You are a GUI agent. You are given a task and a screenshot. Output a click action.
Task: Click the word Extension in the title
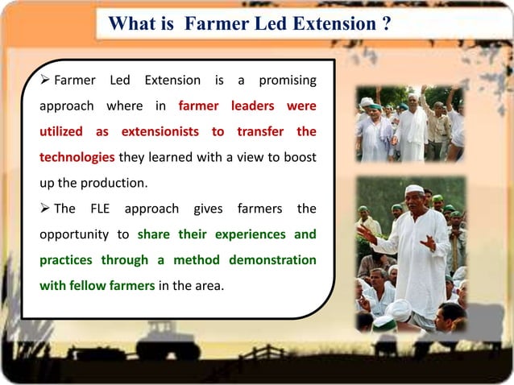(x=328, y=23)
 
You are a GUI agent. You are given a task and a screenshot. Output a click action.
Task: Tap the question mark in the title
(x=387, y=23)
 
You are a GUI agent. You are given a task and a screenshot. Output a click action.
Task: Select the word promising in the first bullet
(x=288, y=81)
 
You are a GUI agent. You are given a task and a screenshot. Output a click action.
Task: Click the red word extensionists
(x=172, y=130)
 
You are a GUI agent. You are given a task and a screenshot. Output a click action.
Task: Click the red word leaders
(x=251, y=106)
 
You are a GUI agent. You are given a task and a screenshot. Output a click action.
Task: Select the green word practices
(x=66, y=259)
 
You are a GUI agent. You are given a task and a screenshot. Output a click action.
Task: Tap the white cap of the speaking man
(x=414, y=189)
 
